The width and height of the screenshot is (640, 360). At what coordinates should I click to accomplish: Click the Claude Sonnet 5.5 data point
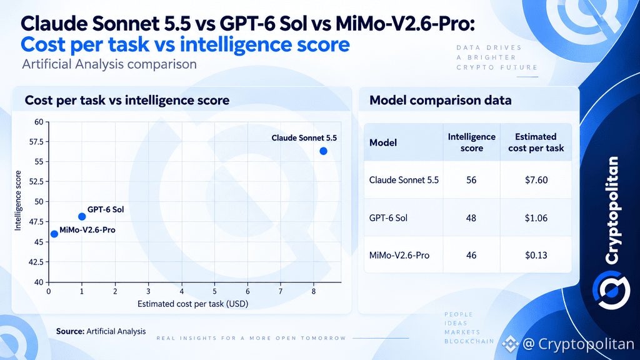click(x=323, y=151)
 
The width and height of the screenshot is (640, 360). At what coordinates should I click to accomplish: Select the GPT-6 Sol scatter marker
click(x=82, y=216)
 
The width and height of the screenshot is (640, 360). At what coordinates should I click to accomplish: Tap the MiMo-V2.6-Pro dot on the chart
click(x=54, y=234)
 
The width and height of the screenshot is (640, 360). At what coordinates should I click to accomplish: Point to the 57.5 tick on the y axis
click(x=36, y=142)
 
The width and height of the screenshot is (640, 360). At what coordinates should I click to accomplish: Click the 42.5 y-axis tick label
click(x=36, y=262)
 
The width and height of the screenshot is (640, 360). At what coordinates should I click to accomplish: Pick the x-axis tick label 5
click(x=214, y=291)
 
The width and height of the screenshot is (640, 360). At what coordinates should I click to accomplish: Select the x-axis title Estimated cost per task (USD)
click(x=192, y=304)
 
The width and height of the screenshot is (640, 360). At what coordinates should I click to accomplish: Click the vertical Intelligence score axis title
click(x=18, y=201)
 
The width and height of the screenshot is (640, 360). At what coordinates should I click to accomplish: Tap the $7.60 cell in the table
click(x=536, y=180)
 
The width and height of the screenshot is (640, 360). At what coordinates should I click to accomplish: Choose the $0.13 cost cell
click(x=536, y=255)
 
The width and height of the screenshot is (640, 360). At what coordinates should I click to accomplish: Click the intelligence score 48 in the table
click(x=471, y=218)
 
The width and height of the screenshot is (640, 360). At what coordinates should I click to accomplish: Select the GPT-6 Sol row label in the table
click(x=388, y=218)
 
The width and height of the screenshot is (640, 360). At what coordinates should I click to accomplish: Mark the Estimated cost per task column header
click(x=536, y=142)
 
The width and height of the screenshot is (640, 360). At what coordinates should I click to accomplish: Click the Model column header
click(x=383, y=142)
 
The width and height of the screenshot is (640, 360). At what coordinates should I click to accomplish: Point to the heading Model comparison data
click(x=441, y=101)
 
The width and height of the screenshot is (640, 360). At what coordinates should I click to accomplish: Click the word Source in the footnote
click(x=70, y=331)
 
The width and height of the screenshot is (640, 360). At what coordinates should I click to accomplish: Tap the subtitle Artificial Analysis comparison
click(x=109, y=64)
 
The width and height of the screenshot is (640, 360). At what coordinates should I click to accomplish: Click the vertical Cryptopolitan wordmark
click(x=611, y=210)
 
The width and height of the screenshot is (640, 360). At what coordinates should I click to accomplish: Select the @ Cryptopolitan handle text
click(x=578, y=344)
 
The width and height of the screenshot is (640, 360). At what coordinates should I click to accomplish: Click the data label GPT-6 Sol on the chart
click(x=106, y=209)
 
